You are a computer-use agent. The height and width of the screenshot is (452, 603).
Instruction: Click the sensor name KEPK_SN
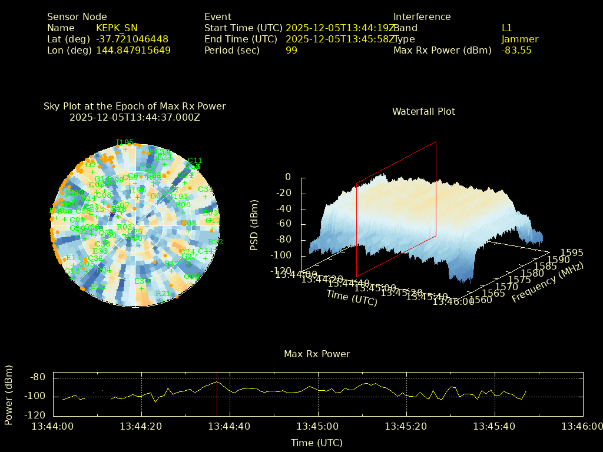point(117,28)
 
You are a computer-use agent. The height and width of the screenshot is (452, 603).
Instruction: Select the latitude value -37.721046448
point(132,39)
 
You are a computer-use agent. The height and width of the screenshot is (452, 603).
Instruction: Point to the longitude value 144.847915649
point(133,50)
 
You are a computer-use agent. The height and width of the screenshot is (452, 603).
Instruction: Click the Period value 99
point(291,50)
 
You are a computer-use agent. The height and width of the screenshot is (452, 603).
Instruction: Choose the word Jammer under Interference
point(519,39)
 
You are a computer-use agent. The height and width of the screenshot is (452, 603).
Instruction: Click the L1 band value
point(506,28)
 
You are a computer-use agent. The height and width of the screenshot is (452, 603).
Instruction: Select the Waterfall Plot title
point(423,111)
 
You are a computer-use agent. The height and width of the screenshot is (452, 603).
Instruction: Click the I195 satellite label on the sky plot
point(125,142)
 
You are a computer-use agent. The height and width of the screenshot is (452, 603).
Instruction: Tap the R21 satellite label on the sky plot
point(163,293)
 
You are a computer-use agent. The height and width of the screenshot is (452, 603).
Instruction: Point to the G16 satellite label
point(213,220)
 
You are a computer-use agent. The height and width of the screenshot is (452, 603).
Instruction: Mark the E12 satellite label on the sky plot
point(98,286)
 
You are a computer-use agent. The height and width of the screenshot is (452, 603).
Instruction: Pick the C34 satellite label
point(205,189)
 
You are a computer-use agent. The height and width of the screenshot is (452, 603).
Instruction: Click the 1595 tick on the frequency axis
point(572,252)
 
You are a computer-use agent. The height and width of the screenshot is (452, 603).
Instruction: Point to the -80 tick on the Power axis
point(38,377)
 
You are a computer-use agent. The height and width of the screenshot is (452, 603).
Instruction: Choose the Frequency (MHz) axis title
point(548,284)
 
